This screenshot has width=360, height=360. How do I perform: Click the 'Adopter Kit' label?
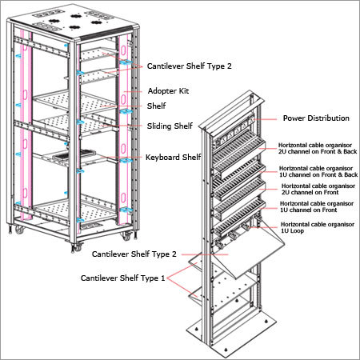coord(168,91)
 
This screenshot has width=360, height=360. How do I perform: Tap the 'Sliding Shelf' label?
coord(170,126)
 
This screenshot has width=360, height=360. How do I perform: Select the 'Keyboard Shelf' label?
coord(173,157)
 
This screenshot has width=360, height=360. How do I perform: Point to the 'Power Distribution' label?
coord(316,118)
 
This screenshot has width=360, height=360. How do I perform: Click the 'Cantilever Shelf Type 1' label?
coord(122,278)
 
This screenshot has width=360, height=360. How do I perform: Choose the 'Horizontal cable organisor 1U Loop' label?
coord(318,227)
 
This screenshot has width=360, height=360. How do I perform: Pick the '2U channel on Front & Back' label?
coord(318,151)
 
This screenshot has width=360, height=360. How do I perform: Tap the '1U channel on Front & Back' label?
coord(318,174)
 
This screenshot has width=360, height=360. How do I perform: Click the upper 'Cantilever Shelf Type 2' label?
coord(190,66)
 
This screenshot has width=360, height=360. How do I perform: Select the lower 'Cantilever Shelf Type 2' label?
coord(134,254)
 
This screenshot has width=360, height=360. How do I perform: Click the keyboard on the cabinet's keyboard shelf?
coord(74,154)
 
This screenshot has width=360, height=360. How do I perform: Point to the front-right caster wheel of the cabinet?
coord(126,236)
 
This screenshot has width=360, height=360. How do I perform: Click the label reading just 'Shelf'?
coord(156,106)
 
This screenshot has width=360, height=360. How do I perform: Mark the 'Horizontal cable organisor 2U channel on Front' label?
coord(318,189)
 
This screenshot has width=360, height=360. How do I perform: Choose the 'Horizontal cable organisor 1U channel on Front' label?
coord(317,206)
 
